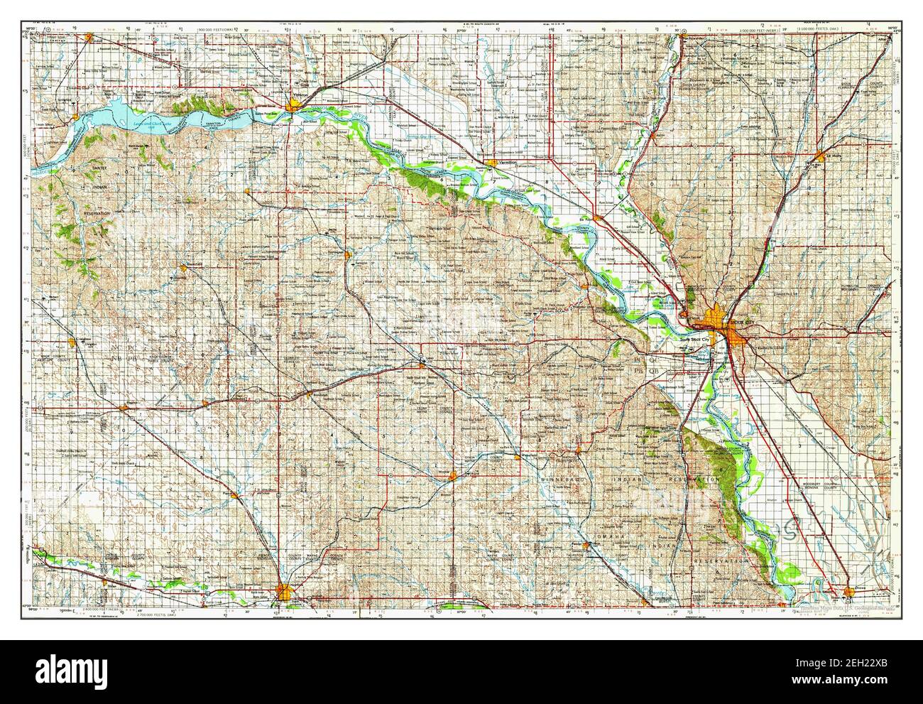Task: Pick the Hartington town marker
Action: (x=346, y=254)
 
